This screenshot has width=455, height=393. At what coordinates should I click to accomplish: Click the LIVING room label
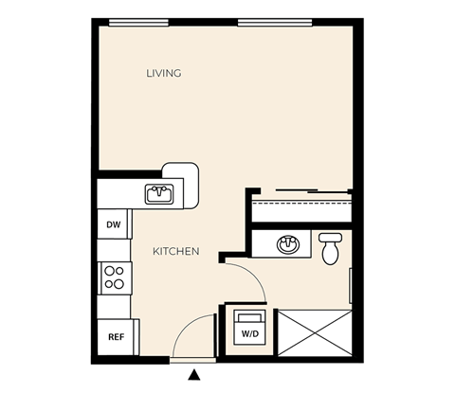tap(164, 73)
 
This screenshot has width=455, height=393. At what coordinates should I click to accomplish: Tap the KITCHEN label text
tap(176, 251)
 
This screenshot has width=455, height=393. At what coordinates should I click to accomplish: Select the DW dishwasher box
tap(114, 224)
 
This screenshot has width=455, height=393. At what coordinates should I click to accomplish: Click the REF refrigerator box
tap(116, 337)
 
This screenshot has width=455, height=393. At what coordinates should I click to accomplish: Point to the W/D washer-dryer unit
tap(249, 328)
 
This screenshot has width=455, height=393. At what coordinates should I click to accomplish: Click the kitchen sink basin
tap(159, 194)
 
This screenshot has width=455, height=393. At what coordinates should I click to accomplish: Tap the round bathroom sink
tap(288, 244)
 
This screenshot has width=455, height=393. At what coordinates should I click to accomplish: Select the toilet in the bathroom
tap(330, 249)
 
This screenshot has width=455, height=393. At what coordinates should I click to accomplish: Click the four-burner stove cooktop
tap(116, 278)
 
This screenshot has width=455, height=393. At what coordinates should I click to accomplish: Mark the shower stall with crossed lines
tap(315, 333)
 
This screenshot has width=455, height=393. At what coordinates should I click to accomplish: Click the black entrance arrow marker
tap(194, 375)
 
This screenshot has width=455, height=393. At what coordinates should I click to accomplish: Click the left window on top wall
tap(138, 22)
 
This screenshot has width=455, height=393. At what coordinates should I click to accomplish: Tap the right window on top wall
tap(275, 22)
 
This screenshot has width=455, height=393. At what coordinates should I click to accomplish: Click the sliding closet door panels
tap(312, 190)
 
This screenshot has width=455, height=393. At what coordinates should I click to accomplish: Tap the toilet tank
tap(330, 238)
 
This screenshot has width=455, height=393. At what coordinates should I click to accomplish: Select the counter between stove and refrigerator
tap(114, 307)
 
